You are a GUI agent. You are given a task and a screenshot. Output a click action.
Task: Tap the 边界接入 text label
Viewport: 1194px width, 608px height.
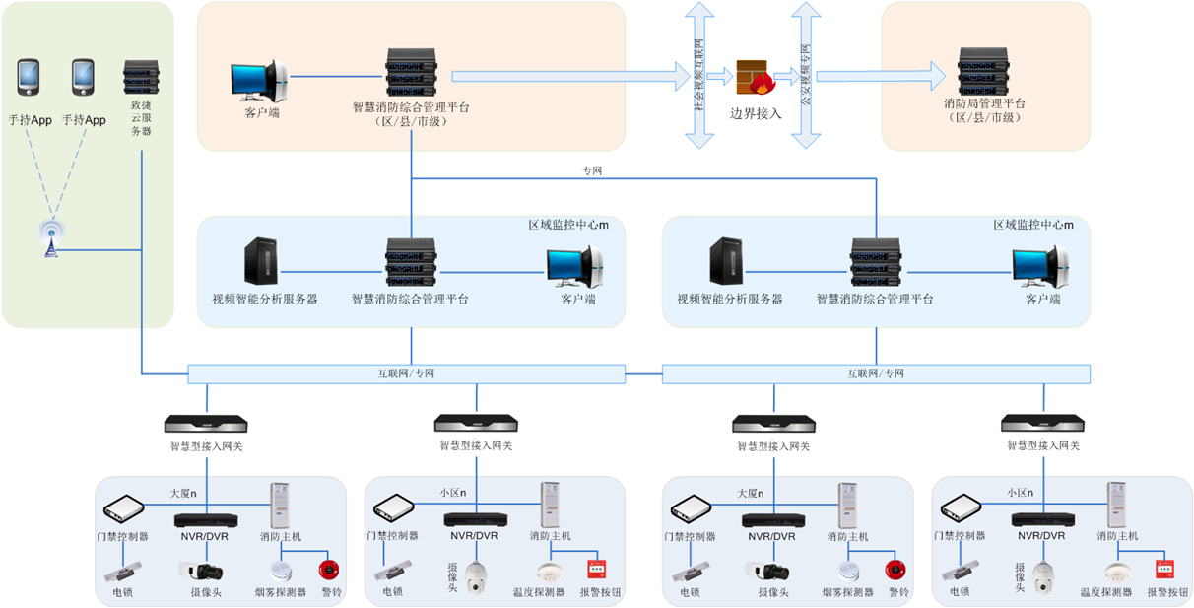click(x=756, y=113)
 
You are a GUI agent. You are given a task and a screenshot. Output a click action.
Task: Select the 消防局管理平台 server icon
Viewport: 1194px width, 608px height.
click(x=985, y=71)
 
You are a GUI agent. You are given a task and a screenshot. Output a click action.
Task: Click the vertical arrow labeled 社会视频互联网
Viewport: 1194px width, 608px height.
click(x=699, y=75)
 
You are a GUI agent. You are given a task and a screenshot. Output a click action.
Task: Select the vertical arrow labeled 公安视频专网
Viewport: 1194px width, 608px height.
click(x=805, y=75)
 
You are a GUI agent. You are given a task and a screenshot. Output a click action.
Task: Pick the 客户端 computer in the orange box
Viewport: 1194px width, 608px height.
click(x=258, y=83)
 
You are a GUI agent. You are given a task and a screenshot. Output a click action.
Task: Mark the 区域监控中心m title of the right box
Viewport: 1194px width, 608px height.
click(x=1032, y=226)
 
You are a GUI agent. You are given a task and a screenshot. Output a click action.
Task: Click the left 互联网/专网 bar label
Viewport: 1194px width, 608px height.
click(x=406, y=373)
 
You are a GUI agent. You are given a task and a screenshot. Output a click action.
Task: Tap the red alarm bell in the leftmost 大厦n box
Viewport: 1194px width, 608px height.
click(x=327, y=570)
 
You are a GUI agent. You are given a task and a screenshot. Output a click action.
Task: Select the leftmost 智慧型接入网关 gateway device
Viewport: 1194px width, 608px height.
click(x=205, y=425)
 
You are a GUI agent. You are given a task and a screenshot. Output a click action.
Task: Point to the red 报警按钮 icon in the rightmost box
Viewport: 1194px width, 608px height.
click(x=1164, y=569)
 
